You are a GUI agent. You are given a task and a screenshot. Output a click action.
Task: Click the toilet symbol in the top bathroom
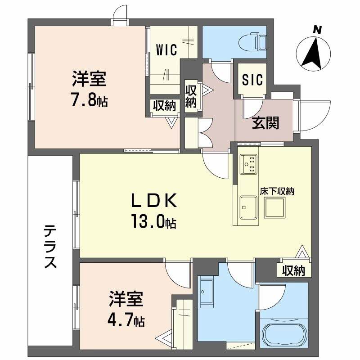pyautogui.click(x=252, y=42)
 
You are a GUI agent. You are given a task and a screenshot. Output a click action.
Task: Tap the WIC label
pyautogui.click(x=166, y=49)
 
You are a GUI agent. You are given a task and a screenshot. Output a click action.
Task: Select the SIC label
pyautogui.click(x=252, y=80)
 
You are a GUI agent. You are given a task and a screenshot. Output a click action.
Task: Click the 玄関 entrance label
pyautogui.click(x=265, y=123)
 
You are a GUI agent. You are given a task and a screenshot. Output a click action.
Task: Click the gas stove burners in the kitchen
pyautogui.click(x=249, y=164)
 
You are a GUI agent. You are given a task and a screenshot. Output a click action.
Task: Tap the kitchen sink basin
pyautogui.click(x=248, y=207)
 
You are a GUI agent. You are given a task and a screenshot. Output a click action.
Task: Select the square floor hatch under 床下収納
pyautogui.click(x=274, y=208)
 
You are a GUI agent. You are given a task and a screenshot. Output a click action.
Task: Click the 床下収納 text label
pyautogui.click(x=277, y=191)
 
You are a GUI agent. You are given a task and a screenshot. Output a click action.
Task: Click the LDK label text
pyautogui.click(x=154, y=201)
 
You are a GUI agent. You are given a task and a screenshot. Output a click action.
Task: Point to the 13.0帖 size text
pyautogui.click(x=154, y=221)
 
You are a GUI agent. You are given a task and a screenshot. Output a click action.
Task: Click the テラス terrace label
pyautogui.click(x=50, y=247)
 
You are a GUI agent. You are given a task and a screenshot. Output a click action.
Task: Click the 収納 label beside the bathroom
pyautogui.click(x=294, y=270)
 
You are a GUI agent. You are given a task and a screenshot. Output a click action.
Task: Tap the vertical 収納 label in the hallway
pyautogui.click(x=191, y=96)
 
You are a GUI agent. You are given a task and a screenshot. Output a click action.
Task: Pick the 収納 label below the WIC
pyautogui.click(x=165, y=106)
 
